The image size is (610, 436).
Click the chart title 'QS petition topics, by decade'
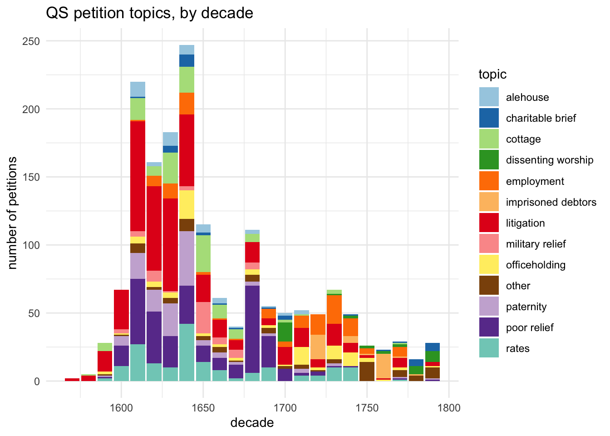click(x=149, y=13)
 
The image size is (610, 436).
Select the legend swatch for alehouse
click(x=489, y=97)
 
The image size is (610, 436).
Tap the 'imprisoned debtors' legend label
click(x=551, y=202)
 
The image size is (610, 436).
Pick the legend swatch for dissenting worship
click(x=489, y=160)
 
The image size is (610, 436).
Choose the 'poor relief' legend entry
click(x=529, y=327)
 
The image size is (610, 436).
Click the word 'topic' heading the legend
click(x=492, y=74)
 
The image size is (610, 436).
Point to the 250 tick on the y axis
click(x=31, y=41)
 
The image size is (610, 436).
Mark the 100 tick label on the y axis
click(x=31, y=245)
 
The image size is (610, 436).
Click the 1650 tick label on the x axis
click(x=203, y=407)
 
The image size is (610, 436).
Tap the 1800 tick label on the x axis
click(x=449, y=407)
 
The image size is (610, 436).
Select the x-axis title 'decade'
click(x=252, y=423)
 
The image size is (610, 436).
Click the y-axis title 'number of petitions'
click(x=13, y=213)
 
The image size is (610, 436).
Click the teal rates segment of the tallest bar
click(x=187, y=352)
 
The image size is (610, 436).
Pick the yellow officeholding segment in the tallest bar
click(x=187, y=204)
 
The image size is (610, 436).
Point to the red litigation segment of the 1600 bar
click(x=121, y=309)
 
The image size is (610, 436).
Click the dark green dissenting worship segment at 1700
click(x=285, y=332)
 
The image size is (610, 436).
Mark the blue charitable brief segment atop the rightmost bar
click(x=433, y=347)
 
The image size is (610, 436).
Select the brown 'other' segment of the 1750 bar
click(x=367, y=371)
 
